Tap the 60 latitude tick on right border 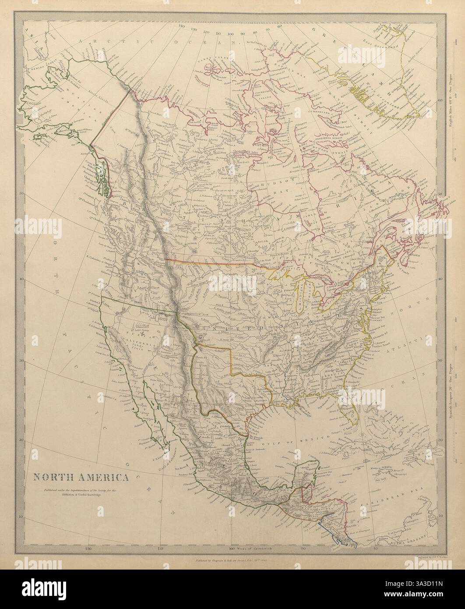440,100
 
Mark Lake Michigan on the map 303,304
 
